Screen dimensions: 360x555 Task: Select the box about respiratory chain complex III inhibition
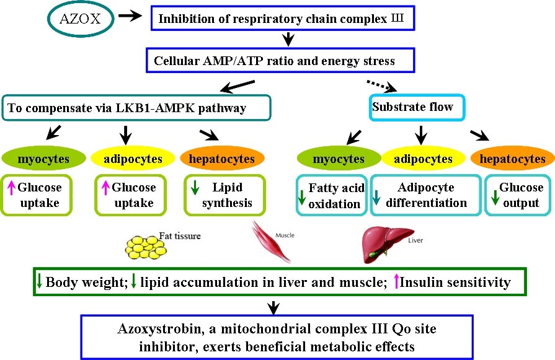click(x=282, y=19)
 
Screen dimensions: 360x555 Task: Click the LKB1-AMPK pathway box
click(x=136, y=107)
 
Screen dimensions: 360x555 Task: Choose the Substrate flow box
click(x=414, y=107)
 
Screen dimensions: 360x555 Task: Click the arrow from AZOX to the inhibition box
click(x=130, y=17)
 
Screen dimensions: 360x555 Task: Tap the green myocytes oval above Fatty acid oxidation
click(x=338, y=159)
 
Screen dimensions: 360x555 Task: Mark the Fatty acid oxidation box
click(x=330, y=195)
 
